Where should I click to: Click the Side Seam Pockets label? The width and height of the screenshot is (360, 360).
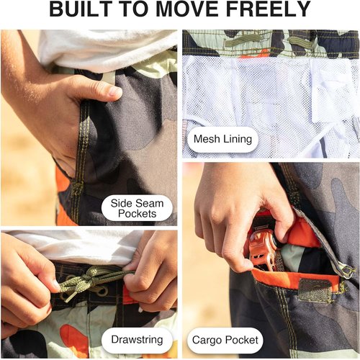pos(137,208)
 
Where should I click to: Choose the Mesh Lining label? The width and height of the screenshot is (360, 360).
pos(222,139)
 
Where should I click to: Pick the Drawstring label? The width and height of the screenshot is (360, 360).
pos(137,340)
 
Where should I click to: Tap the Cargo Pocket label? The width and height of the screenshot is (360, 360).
pos(225,341)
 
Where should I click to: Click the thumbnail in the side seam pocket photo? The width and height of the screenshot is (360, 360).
pos(115,91)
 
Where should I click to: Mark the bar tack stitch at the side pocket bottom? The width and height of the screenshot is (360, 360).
pos(78,186)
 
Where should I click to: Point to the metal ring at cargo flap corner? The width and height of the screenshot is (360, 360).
pos(347,271)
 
